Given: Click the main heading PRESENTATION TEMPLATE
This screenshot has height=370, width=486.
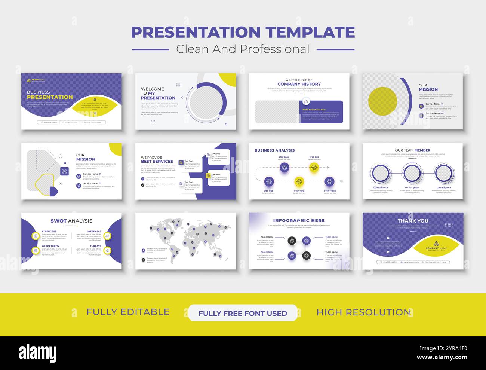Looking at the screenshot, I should coord(243,33).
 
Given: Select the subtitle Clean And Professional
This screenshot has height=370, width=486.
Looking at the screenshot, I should coord(243,49).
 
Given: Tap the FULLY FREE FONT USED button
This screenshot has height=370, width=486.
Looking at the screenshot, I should coord(243,313).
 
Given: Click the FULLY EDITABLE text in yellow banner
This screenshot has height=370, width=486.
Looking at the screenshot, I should coord(128,312).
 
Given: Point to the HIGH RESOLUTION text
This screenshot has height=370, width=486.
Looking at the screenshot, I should coord(363,312).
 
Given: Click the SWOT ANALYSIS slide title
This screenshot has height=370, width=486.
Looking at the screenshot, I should coord(71,221).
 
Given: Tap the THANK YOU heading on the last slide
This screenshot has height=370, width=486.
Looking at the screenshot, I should coord(413,221).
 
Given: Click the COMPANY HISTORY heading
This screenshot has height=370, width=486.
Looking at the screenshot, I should coord(299,84).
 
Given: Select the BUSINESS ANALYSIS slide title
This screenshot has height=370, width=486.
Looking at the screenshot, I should coord(274,150).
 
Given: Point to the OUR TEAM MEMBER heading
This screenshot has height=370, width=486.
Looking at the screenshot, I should coord(413,150).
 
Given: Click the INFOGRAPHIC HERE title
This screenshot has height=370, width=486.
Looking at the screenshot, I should coord(299,221).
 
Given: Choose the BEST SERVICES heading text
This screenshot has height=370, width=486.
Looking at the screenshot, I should coord(157,162).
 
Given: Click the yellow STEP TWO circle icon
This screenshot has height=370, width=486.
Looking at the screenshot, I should coord(299,182).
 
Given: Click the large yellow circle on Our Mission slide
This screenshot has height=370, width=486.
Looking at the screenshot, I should coord(382,101).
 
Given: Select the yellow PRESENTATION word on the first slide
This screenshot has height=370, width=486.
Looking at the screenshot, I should coord(50,97).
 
